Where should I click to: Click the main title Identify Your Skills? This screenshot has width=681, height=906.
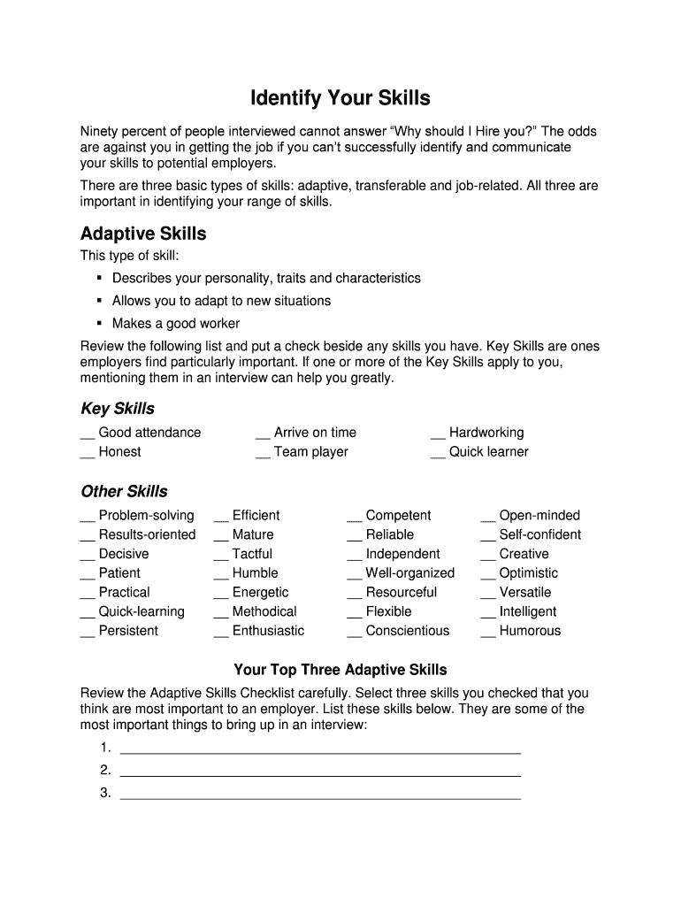[340, 97]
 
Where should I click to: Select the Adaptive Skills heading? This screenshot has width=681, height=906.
[143, 234]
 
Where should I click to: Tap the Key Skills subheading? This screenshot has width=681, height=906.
[118, 409]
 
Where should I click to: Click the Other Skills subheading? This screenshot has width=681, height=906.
[124, 492]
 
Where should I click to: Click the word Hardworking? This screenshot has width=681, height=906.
[486, 433]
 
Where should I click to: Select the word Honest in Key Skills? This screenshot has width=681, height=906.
[119, 452]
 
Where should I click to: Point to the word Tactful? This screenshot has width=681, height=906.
[252, 554]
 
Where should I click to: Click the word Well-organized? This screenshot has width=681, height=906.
[409, 573]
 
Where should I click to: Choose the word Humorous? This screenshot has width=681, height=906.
[530, 631]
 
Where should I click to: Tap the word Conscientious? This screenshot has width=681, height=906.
[407, 631]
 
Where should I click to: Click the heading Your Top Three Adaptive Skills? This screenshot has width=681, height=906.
[340, 670]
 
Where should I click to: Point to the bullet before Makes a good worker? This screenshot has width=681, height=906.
[100, 324]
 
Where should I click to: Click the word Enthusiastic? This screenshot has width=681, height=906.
[268, 631]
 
